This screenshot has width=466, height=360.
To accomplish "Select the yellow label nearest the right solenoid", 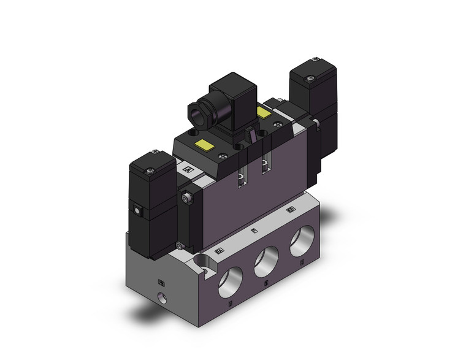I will (x=264, y=113).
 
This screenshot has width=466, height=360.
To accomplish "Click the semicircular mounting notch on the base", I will (x=201, y=264).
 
